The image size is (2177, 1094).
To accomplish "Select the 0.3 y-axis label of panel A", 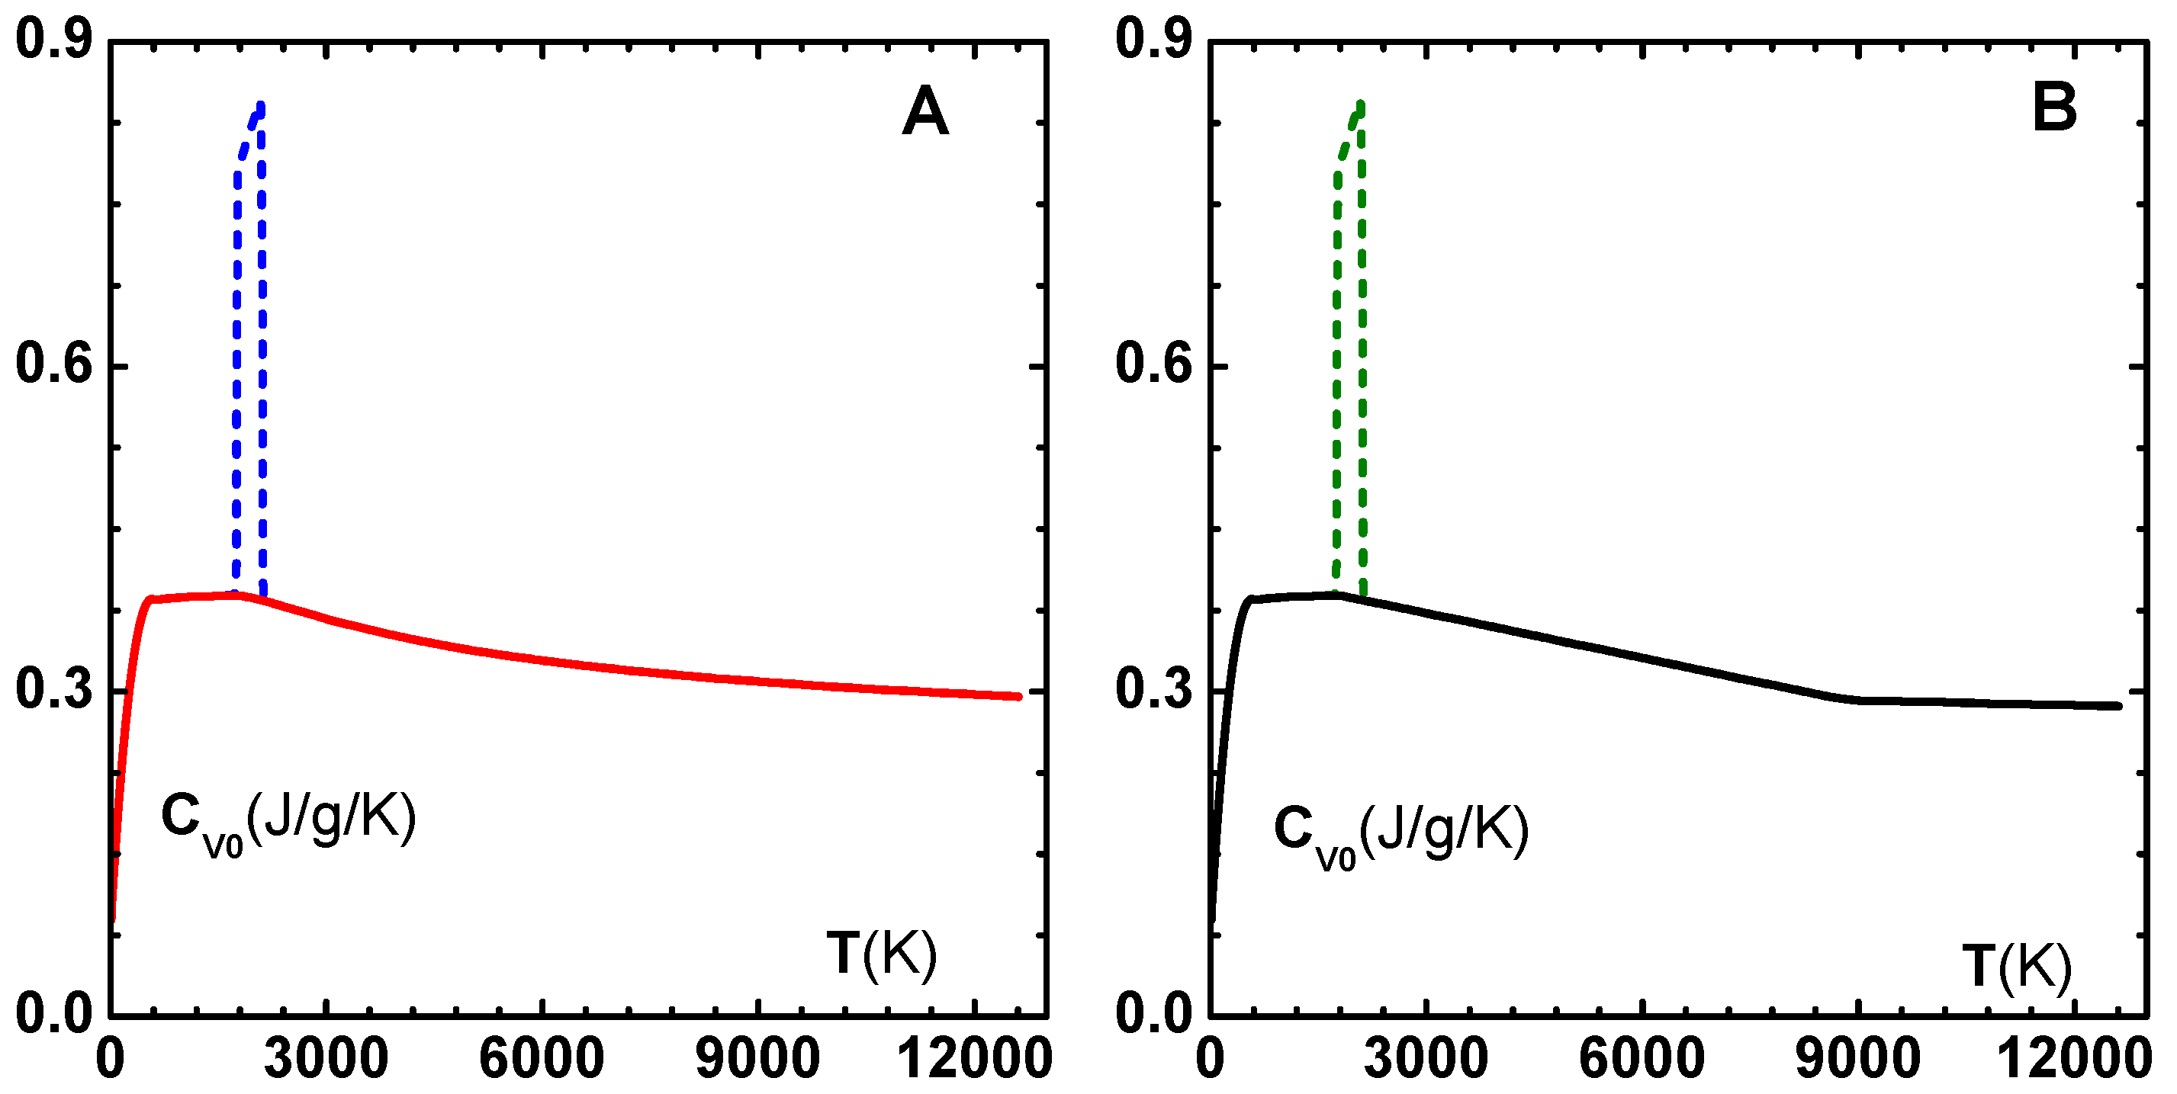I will click(53, 688).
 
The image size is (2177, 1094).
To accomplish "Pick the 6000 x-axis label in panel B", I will click(1642, 1057).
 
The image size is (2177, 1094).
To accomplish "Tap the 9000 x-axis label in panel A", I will click(757, 1057).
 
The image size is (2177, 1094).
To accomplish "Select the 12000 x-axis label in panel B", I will click(2073, 1057).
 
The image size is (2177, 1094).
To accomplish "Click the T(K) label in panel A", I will click(882, 954).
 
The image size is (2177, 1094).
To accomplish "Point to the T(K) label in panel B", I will click(2016, 967).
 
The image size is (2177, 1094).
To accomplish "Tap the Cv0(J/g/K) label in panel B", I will click(1400, 832).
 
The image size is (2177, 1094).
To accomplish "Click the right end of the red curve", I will click(1018, 696).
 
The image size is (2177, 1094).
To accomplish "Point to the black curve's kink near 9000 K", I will click(1859, 700).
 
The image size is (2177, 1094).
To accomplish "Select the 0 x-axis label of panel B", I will click(1211, 1057).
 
